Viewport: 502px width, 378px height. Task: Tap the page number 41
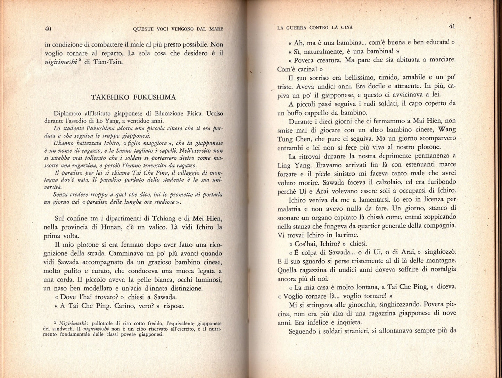(452, 26)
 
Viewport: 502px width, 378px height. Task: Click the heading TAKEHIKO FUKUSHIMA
(133, 97)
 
